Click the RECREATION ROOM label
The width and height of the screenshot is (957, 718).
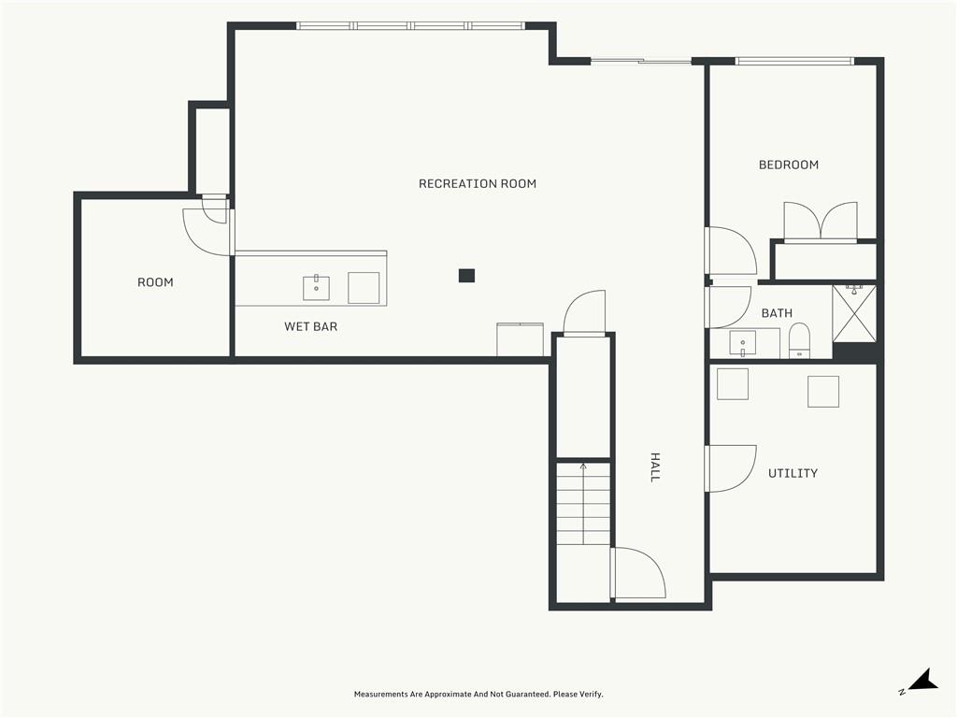[478, 184]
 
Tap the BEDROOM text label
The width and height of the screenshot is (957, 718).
[789, 165]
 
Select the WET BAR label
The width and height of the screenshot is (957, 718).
[310, 326]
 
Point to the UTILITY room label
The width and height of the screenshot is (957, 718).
[793, 473]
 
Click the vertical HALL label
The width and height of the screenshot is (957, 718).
[655, 467]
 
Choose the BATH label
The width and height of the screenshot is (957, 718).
[777, 313]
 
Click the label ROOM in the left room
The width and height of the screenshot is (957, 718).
[155, 282]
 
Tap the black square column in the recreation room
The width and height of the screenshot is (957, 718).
[467, 276]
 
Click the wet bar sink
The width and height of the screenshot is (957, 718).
[316, 288]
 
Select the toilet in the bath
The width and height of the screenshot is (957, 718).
[799, 340]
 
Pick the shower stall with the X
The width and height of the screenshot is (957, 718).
[854, 314]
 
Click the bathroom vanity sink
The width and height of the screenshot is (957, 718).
[743, 343]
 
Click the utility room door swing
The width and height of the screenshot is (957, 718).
[731, 468]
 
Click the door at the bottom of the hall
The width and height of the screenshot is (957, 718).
[637, 573]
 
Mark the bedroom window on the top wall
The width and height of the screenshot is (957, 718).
[793, 61]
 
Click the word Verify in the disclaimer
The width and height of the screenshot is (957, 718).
[591, 695]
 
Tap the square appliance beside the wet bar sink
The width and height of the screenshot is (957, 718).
[364, 288]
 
